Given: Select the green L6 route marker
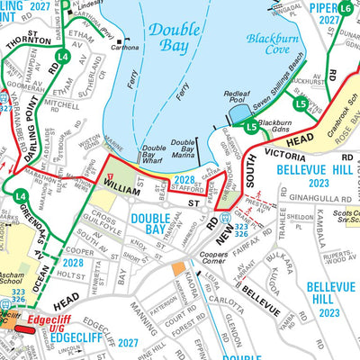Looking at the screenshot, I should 346,12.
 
